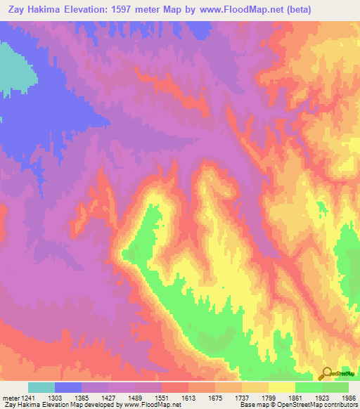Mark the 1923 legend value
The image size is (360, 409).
[322, 397]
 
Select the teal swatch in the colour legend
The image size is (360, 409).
[41, 387]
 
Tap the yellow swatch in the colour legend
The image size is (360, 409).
[281, 387]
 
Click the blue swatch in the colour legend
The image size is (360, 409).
[68, 387]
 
